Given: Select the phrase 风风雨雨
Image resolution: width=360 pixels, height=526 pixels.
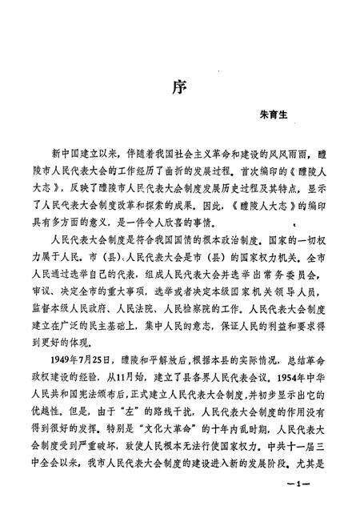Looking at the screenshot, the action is pyautogui.click(x=282, y=153).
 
